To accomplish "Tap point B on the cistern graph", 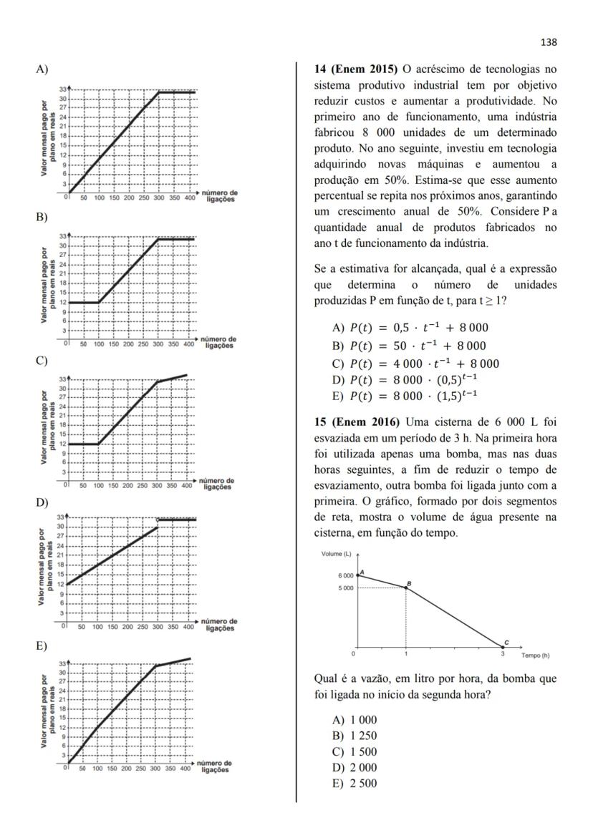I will (x=406, y=588).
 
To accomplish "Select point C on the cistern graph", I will (x=503, y=647).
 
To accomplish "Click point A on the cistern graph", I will (x=357, y=575).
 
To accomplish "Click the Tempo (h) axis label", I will (x=535, y=655).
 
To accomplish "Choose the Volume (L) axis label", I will (x=336, y=553).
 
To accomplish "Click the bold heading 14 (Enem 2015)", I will (x=357, y=69).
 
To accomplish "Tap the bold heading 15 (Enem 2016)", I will (x=357, y=421).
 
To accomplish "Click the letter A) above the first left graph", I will (x=42, y=69).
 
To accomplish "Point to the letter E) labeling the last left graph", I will (x=42, y=645).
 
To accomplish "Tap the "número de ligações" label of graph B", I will (x=218, y=342).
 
